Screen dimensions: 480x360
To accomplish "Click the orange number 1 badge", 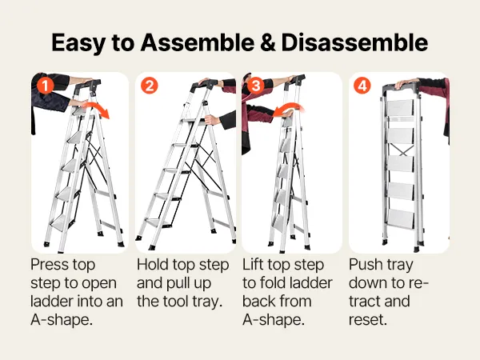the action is (x=45, y=86).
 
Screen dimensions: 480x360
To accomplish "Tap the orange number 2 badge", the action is (x=150, y=86).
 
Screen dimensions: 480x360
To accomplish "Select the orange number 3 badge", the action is (x=256, y=86).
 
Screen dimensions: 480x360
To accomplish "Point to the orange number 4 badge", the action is (x=362, y=86).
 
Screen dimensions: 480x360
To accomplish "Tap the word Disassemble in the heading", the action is (x=354, y=42).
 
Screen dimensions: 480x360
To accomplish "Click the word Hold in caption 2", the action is (x=152, y=264).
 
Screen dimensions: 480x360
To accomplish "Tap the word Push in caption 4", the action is (x=366, y=264).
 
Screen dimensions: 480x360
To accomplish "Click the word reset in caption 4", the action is (x=368, y=319).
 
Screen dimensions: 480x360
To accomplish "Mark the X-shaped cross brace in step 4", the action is (x=402, y=150).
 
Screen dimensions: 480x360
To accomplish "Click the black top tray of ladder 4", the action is (x=401, y=88).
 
